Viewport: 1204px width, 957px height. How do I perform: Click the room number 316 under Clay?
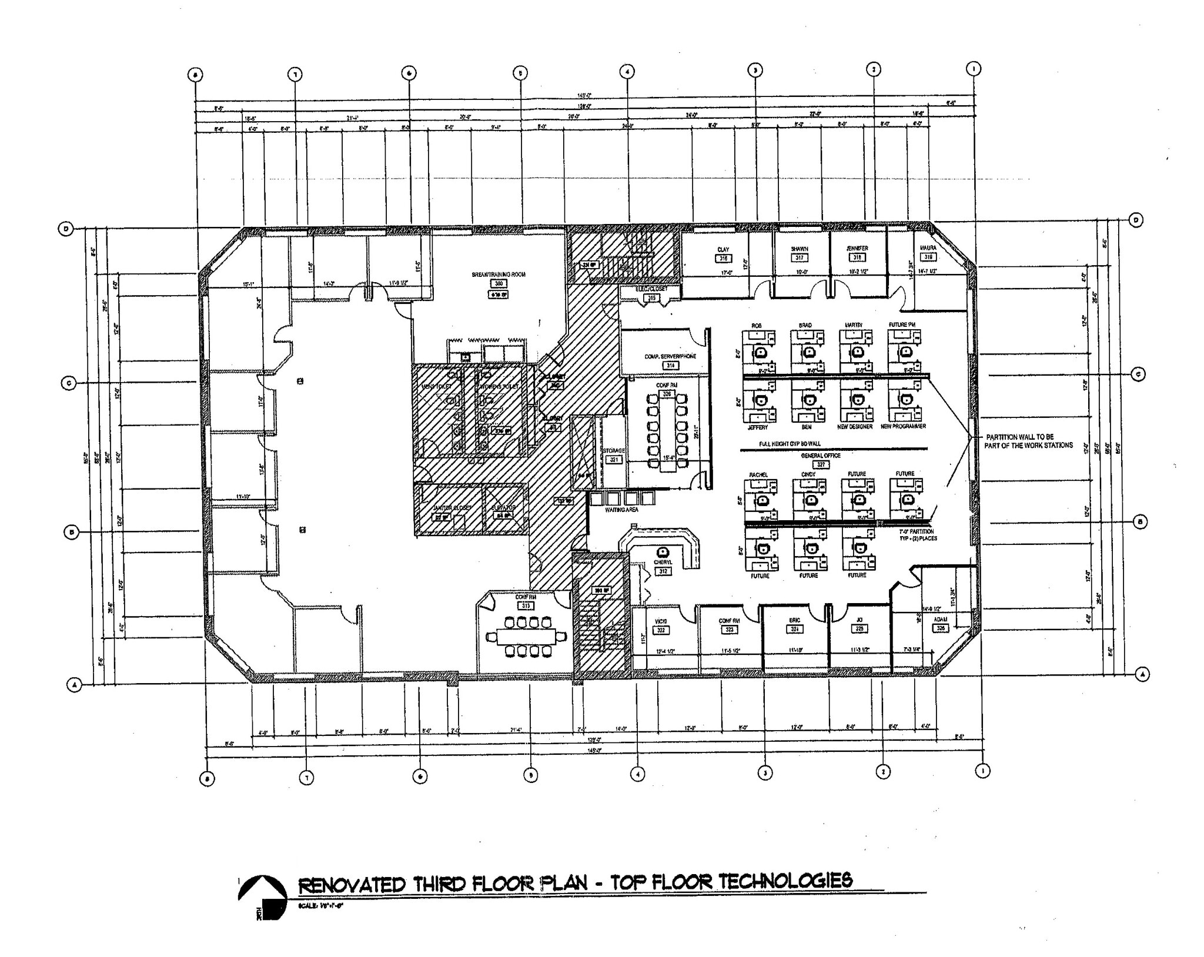click(723, 259)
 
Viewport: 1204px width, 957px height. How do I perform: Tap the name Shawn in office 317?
click(799, 249)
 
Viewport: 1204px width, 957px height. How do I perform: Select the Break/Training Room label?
click(499, 275)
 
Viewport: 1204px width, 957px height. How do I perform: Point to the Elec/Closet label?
click(651, 290)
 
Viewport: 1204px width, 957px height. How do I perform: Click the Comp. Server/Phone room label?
click(670, 356)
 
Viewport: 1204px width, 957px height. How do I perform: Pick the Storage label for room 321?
click(613, 451)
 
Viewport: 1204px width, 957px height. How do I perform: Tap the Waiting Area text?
click(621, 510)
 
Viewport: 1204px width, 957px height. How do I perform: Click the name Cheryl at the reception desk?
click(663, 563)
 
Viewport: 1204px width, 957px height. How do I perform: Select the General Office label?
click(821, 456)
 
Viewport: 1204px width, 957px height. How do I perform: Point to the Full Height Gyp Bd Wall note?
click(790, 444)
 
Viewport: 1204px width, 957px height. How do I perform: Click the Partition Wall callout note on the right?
click(1029, 441)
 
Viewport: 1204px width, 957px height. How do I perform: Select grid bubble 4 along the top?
click(627, 72)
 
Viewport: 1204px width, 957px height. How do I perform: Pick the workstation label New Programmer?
click(903, 426)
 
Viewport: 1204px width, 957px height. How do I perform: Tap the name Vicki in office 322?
click(660, 621)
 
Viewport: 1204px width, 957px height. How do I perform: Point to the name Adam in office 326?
click(940, 620)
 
